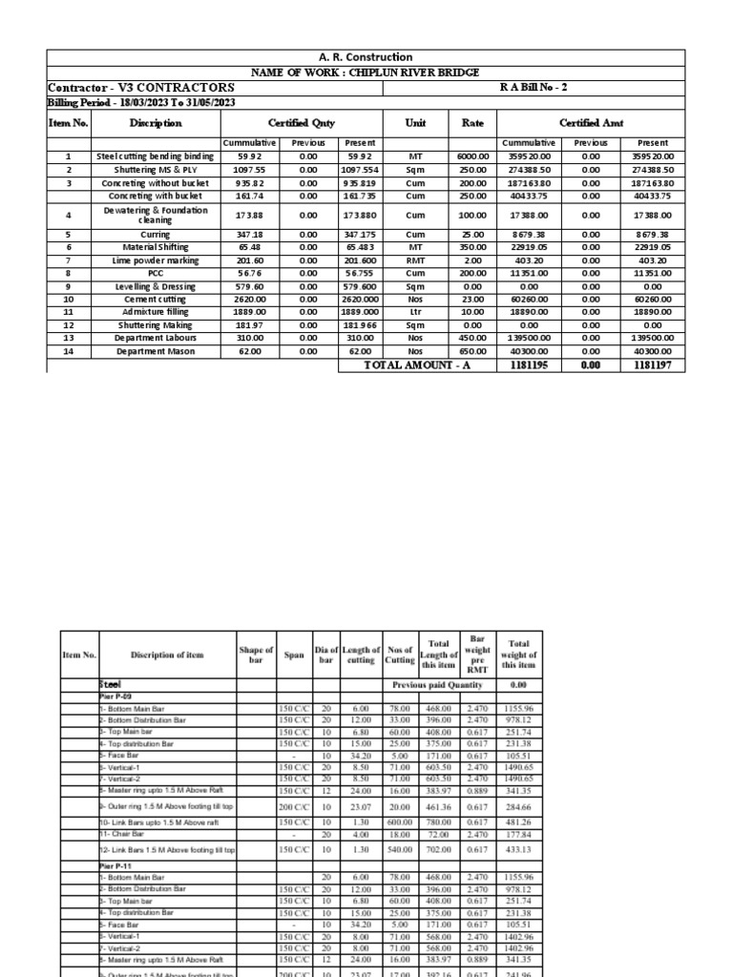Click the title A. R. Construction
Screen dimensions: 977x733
pyautogui.click(x=366, y=57)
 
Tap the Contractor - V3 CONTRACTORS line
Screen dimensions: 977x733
pyautogui.click(x=141, y=88)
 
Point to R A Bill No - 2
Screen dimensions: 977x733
pyautogui.click(x=534, y=87)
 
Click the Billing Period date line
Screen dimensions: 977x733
pyautogui.click(x=142, y=103)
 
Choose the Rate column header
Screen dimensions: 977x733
pyautogui.click(x=472, y=123)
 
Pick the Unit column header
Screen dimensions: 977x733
pyautogui.click(x=415, y=123)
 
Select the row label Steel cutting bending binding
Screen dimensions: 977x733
pyautogui.click(x=156, y=156)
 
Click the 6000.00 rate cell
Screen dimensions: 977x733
pyautogui.click(x=472, y=156)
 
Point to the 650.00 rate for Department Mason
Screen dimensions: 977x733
pyautogui.click(x=472, y=351)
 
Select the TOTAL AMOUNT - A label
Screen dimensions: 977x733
pyautogui.click(x=419, y=365)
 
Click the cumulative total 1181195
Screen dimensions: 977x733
pyautogui.click(x=529, y=365)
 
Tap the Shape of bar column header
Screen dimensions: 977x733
pyautogui.click(x=257, y=655)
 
